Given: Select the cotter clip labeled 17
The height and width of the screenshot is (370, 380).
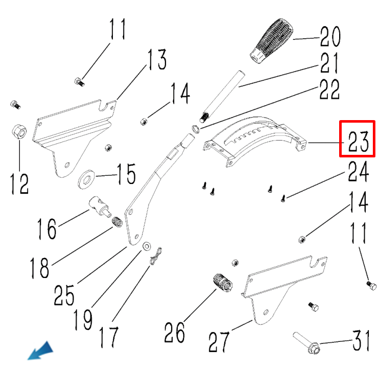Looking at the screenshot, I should tap(155, 257).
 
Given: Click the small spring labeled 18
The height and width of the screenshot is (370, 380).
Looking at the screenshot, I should tap(117, 222).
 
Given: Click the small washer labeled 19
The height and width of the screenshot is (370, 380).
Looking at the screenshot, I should tap(147, 246).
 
